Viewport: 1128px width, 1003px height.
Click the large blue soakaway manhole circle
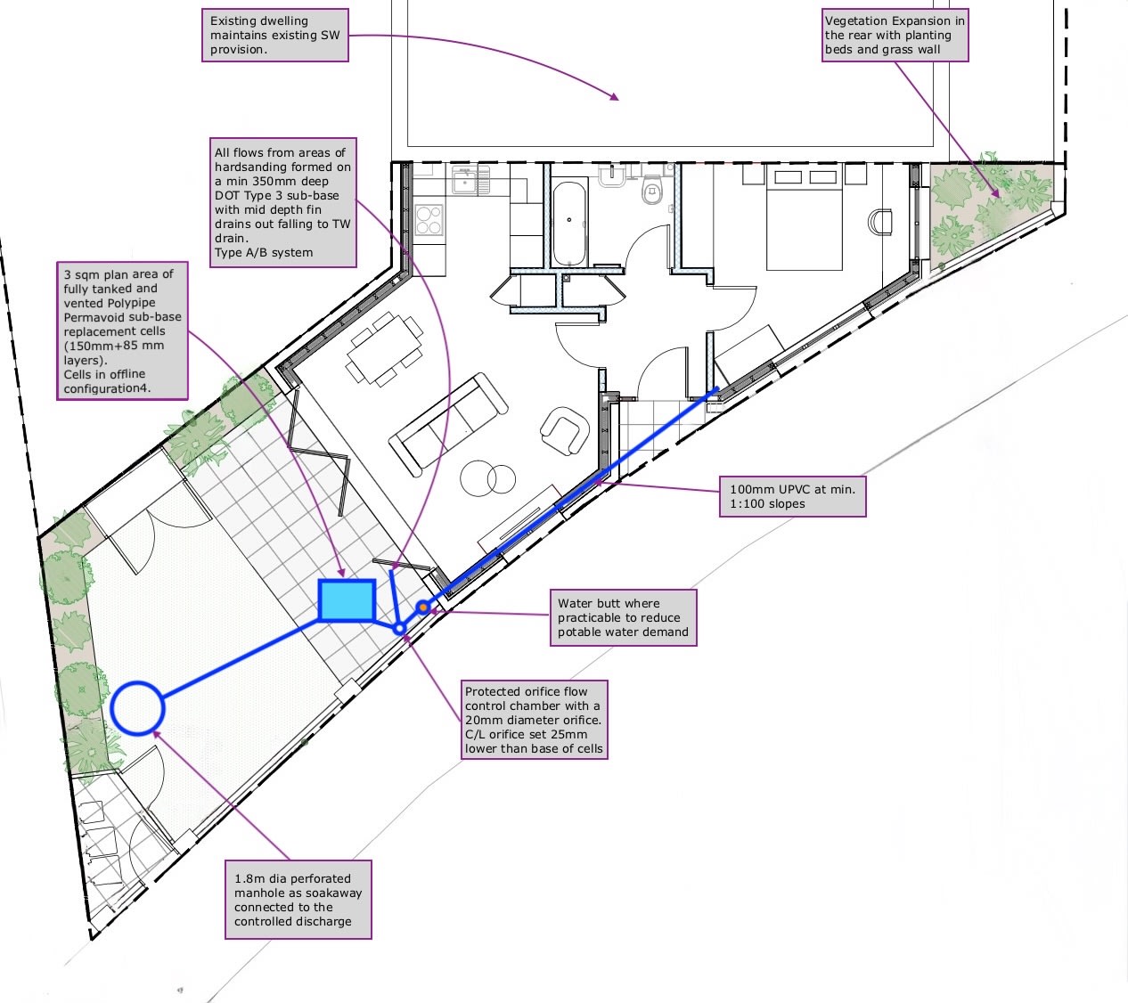(138, 708)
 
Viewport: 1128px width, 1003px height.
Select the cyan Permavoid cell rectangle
(347, 599)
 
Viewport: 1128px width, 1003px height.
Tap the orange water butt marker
(424, 608)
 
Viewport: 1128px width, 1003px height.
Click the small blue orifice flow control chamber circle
(400, 628)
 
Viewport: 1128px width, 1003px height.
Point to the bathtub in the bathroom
(569, 223)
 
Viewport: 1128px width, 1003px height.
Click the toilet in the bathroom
(652, 189)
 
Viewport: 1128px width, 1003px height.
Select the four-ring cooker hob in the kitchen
(429, 219)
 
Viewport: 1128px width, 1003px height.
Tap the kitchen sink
(466, 181)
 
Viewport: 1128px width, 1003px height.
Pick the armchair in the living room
(564, 430)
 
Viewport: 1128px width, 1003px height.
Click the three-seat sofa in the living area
(448, 423)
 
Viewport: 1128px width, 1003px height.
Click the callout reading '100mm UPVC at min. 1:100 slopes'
(792, 496)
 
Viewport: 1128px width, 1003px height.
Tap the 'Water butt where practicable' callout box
(623, 617)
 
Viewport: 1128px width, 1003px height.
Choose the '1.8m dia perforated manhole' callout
(298, 900)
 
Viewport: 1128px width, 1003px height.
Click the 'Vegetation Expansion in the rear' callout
(895, 36)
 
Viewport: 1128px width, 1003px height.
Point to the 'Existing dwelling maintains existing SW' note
(274, 36)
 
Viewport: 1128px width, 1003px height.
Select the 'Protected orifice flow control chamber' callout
(534, 720)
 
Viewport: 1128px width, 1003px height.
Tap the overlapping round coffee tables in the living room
(489, 478)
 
